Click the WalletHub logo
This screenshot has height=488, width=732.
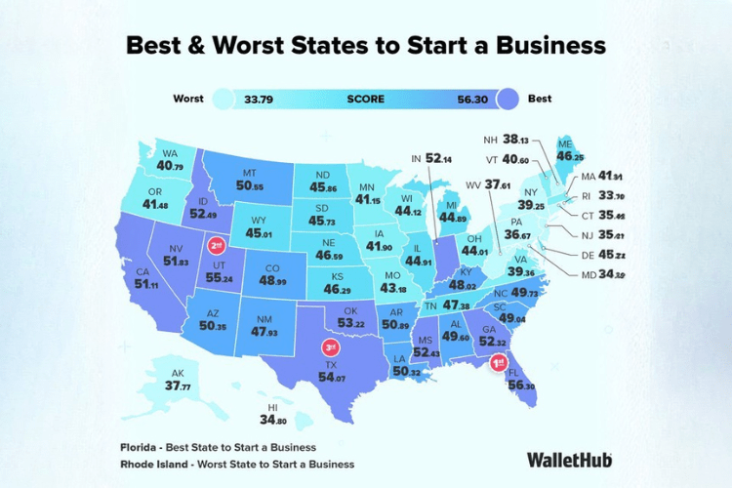[570, 458]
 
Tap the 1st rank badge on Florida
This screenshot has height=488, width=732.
[498, 363]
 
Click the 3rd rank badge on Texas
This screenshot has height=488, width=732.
[331, 346]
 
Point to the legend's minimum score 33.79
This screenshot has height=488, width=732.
[260, 99]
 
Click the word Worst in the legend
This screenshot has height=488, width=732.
[188, 99]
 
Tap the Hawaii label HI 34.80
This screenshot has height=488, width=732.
[273, 415]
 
